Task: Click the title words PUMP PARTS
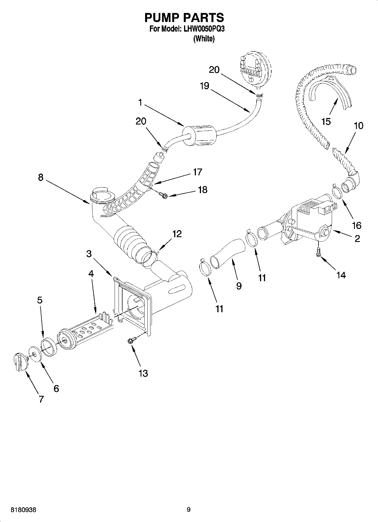[184, 18]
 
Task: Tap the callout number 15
[326, 122]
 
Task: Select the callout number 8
[41, 178]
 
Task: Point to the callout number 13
[143, 373]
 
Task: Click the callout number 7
[41, 399]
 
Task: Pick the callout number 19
[204, 86]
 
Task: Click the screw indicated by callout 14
[318, 252]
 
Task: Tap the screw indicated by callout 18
[163, 195]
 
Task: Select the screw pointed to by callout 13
[131, 341]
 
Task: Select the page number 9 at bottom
[189, 510]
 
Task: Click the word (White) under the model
[204, 39]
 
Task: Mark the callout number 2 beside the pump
[357, 239]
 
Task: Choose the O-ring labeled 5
[48, 347]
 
